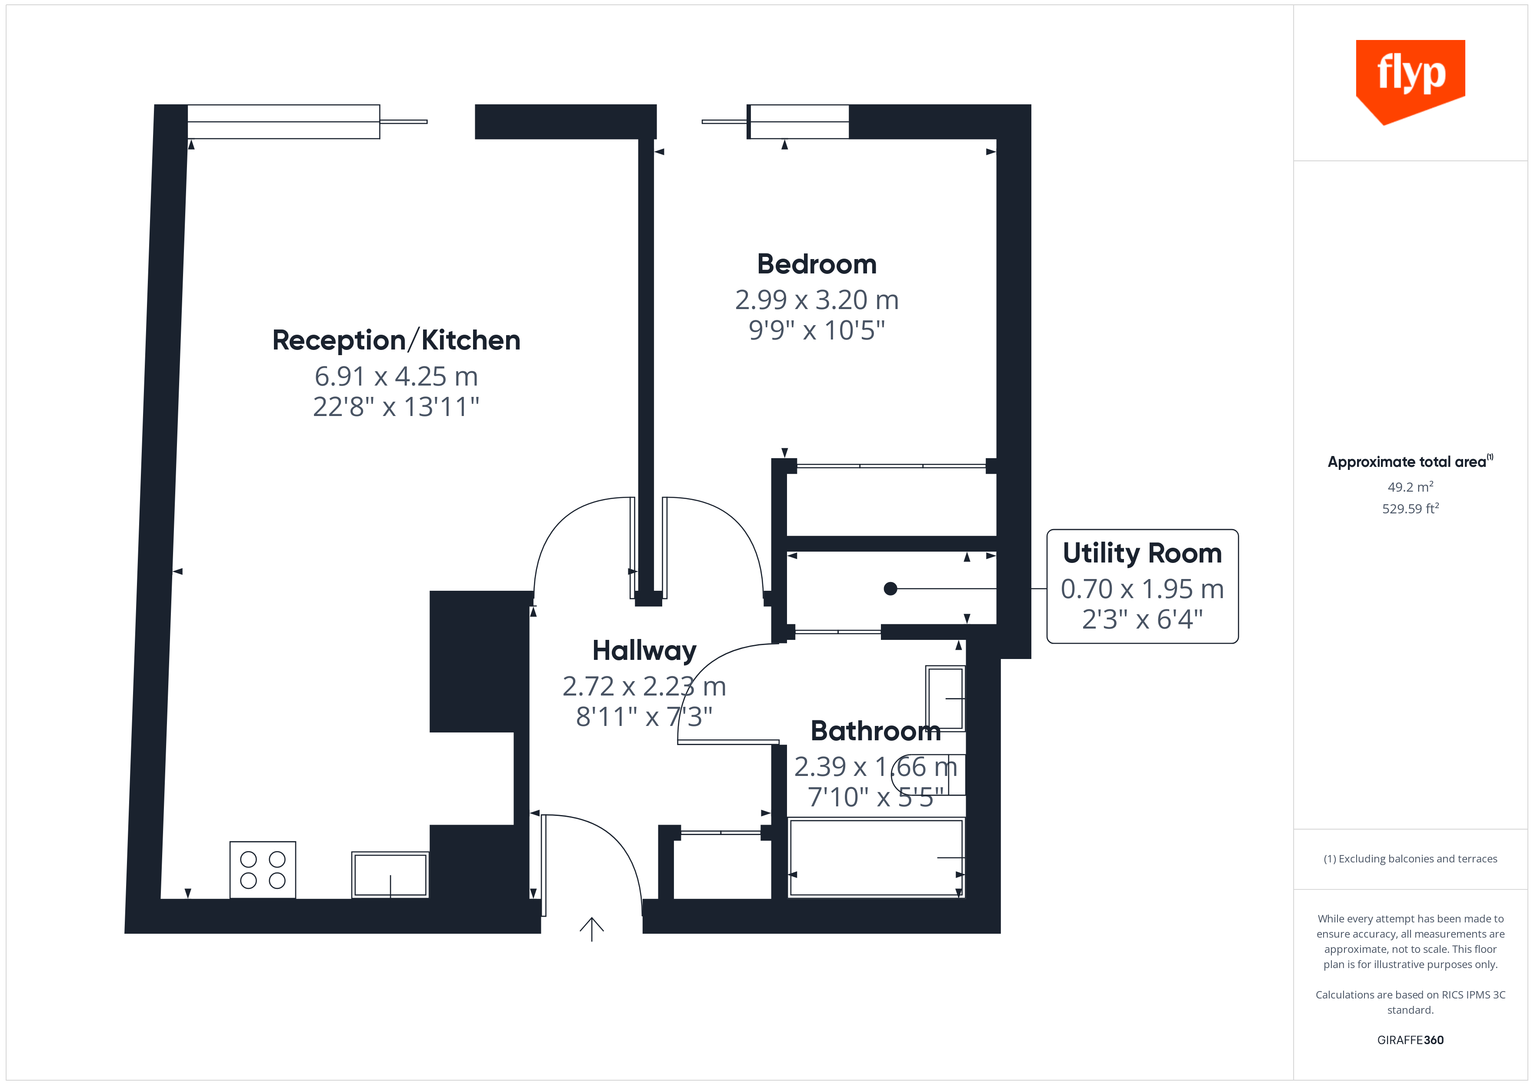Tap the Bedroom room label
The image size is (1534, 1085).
(x=817, y=265)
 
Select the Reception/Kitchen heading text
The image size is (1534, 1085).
(x=396, y=341)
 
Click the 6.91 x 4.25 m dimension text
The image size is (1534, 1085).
(x=396, y=377)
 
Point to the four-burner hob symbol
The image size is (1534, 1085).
(x=263, y=870)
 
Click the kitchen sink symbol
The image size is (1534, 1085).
(x=390, y=875)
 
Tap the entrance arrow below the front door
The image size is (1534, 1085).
(x=591, y=929)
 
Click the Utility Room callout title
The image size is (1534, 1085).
(x=1142, y=553)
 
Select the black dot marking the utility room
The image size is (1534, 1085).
(x=890, y=589)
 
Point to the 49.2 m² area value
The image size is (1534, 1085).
(x=1410, y=487)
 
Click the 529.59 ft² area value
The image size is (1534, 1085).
(x=1410, y=509)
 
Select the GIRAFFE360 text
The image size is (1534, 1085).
(x=1410, y=1040)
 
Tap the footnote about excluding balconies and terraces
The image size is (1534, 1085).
(x=1410, y=859)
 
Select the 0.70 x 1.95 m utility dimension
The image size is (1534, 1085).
(x=1142, y=589)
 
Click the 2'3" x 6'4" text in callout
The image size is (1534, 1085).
(x=1142, y=619)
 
